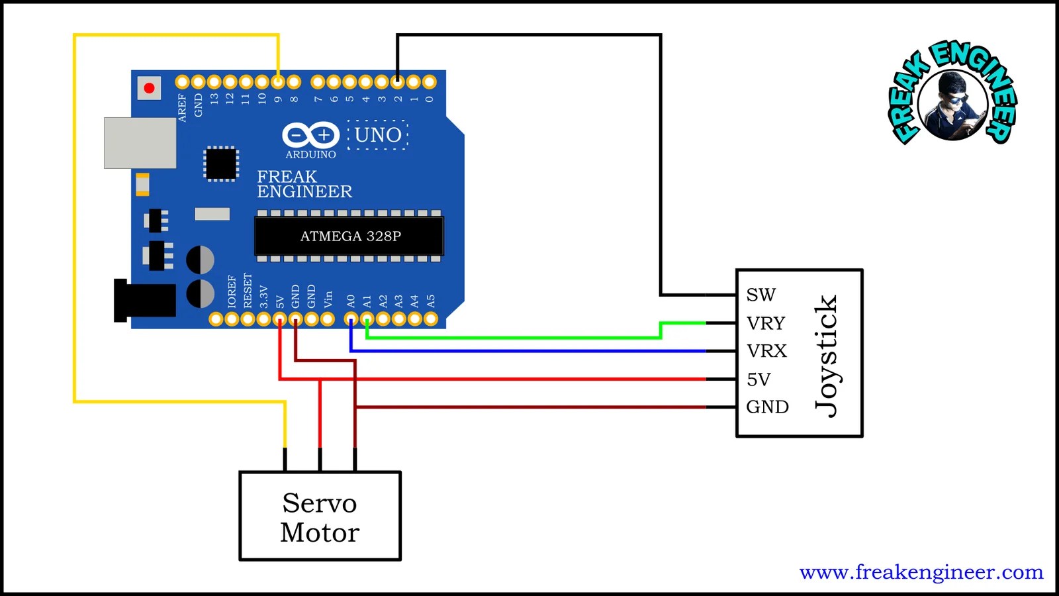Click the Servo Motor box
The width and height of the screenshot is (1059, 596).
320,516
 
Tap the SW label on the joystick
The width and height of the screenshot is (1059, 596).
760,295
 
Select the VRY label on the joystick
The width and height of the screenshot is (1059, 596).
766,323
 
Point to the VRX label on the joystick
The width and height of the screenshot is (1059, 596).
766,351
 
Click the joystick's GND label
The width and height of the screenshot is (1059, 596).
767,407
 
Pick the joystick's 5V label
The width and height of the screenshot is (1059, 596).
759,379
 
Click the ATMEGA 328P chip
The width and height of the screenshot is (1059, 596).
349,236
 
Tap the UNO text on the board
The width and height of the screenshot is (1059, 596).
378,135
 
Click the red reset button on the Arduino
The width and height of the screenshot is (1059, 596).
149,88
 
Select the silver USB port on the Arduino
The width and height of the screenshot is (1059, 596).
140,143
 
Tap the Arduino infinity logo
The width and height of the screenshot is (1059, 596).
310,135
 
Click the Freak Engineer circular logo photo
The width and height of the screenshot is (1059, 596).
952,105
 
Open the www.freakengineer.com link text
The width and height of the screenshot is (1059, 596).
921,572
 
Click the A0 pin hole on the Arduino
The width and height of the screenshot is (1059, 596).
351,319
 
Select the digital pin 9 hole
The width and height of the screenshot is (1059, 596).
278,82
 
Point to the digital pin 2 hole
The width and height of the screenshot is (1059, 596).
397,82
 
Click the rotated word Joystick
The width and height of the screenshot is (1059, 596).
826,355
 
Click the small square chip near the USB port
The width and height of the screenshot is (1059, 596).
220,164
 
